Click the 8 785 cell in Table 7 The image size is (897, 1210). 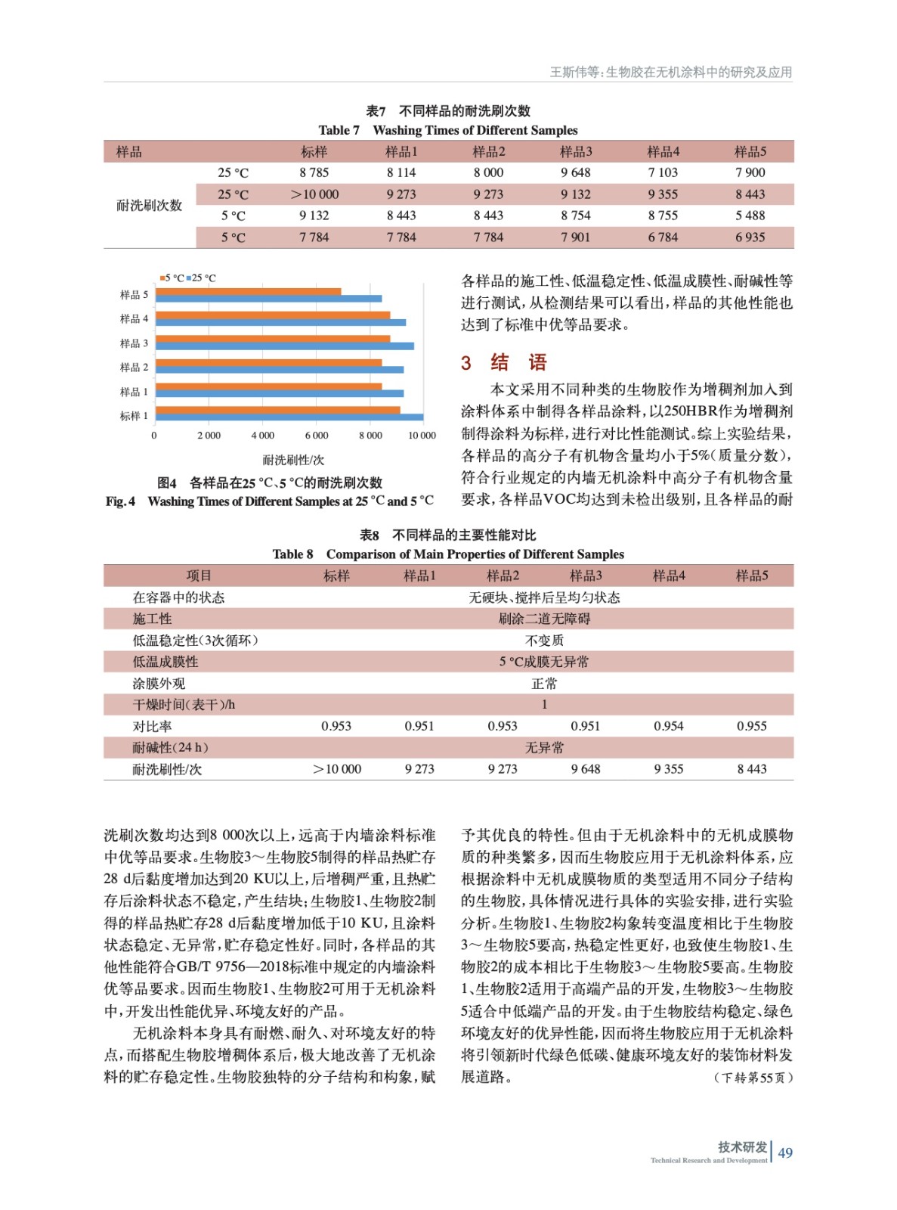(x=314, y=172)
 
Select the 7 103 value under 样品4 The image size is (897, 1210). (x=663, y=172)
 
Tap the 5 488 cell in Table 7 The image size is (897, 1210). (x=750, y=216)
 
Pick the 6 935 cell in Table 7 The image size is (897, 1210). (x=750, y=237)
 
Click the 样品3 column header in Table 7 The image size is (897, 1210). (x=576, y=151)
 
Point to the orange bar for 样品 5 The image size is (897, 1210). (x=249, y=291)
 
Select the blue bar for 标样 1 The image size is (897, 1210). (x=289, y=417)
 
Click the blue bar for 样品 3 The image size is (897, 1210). (x=285, y=346)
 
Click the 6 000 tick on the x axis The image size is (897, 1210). (x=317, y=436)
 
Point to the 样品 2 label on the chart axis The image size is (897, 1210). (x=134, y=368)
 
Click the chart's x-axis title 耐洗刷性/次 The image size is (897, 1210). (x=293, y=460)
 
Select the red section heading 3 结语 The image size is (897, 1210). (x=504, y=362)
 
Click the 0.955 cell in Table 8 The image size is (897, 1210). (x=751, y=726)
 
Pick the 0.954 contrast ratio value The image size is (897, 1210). (x=668, y=726)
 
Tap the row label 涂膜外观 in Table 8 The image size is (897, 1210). (x=159, y=684)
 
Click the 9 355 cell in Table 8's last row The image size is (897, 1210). (x=668, y=769)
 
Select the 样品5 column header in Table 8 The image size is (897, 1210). (x=751, y=576)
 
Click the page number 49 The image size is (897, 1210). (x=785, y=1153)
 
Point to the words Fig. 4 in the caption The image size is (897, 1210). (x=120, y=501)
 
